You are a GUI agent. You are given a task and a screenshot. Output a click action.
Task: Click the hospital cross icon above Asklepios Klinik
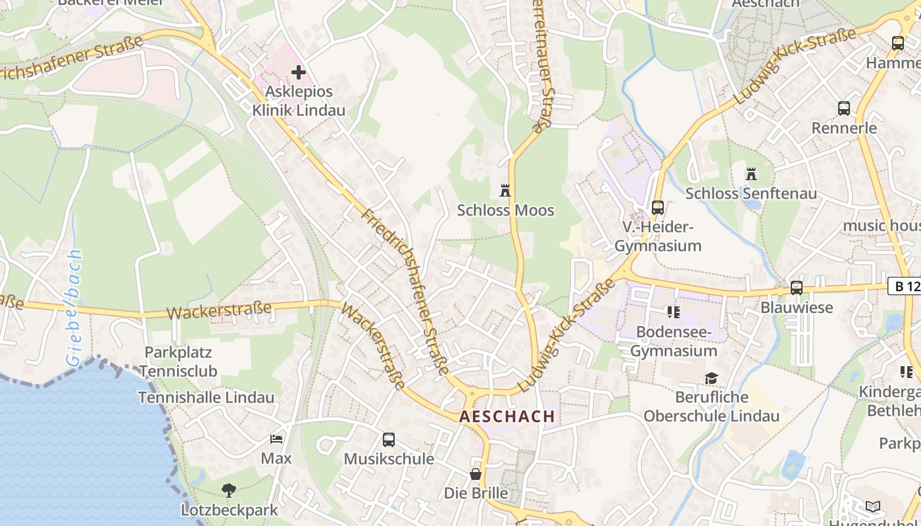pyautogui.click(x=299, y=72)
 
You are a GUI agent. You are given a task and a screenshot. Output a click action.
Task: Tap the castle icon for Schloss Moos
pyautogui.click(x=505, y=191)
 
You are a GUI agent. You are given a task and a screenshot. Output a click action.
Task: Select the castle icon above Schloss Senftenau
pyautogui.click(x=751, y=174)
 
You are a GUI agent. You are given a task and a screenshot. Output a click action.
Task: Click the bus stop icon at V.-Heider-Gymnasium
pyautogui.click(x=657, y=208)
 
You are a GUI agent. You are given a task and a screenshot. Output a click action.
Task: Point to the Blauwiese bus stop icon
pyautogui.click(x=796, y=288)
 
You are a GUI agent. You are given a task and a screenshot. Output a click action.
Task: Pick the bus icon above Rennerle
pyautogui.click(x=843, y=108)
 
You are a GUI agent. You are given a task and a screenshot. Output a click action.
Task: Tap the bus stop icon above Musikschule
pyautogui.click(x=389, y=440)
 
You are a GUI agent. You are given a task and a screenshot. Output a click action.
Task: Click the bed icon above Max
pyautogui.click(x=276, y=439)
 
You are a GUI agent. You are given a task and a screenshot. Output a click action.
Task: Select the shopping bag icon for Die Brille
pyautogui.click(x=476, y=473)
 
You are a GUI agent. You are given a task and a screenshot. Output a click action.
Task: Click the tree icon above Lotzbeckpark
pyautogui.click(x=229, y=490)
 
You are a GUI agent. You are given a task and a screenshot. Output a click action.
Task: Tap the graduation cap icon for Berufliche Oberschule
pyautogui.click(x=711, y=378)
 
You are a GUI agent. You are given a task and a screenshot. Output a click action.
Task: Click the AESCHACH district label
pyautogui.click(x=507, y=416)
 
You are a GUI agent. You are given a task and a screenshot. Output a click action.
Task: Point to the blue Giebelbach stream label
pyautogui.click(x=74, y=308)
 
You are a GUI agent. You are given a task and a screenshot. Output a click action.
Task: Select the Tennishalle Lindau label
pyautogui.click(x=206, y=397)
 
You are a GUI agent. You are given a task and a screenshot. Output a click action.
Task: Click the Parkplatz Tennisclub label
pyautogui.click(x=178, y=362)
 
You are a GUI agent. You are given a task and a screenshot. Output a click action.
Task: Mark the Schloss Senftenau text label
pyautogui.click(x=751, y=193)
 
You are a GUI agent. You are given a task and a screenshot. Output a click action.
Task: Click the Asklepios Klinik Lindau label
pyautogui.click(x=299, y=101)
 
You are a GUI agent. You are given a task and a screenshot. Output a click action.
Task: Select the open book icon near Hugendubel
pyautogui.click(x=872, y=506)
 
